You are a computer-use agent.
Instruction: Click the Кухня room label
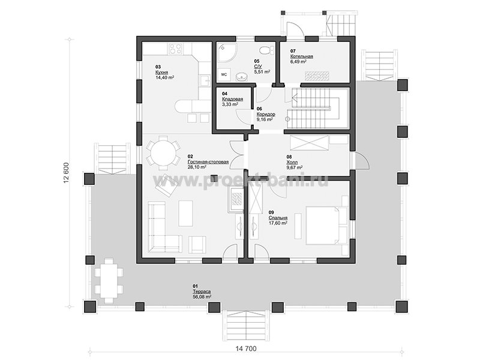tap(161, 72)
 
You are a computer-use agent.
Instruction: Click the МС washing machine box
tap(224, 74)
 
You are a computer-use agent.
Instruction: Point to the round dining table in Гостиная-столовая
tap(162, 152)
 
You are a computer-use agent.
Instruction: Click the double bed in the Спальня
tap(323, 226)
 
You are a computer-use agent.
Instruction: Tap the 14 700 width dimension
tap(246, 349)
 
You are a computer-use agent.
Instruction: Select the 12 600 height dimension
tap(67, 172)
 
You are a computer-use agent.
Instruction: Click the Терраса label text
tap(202, 292)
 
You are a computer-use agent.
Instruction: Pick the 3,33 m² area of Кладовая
tap(230, 104)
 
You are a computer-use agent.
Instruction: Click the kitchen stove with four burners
tap(175, 49)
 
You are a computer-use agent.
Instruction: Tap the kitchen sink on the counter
tap(204, 80)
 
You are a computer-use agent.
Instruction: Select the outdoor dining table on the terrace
tap(109, 280)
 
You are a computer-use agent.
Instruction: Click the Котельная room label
tap(302, 56)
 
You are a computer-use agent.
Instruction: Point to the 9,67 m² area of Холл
tap(294, 167)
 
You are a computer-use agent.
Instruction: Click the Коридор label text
tap(266, 114)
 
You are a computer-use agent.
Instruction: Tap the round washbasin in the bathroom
tap(243, 76)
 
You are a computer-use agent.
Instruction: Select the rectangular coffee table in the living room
tap(185, 214)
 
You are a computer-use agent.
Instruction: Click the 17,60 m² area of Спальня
tap(278, 223)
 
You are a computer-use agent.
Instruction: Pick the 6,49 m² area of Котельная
tap(298, 62)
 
